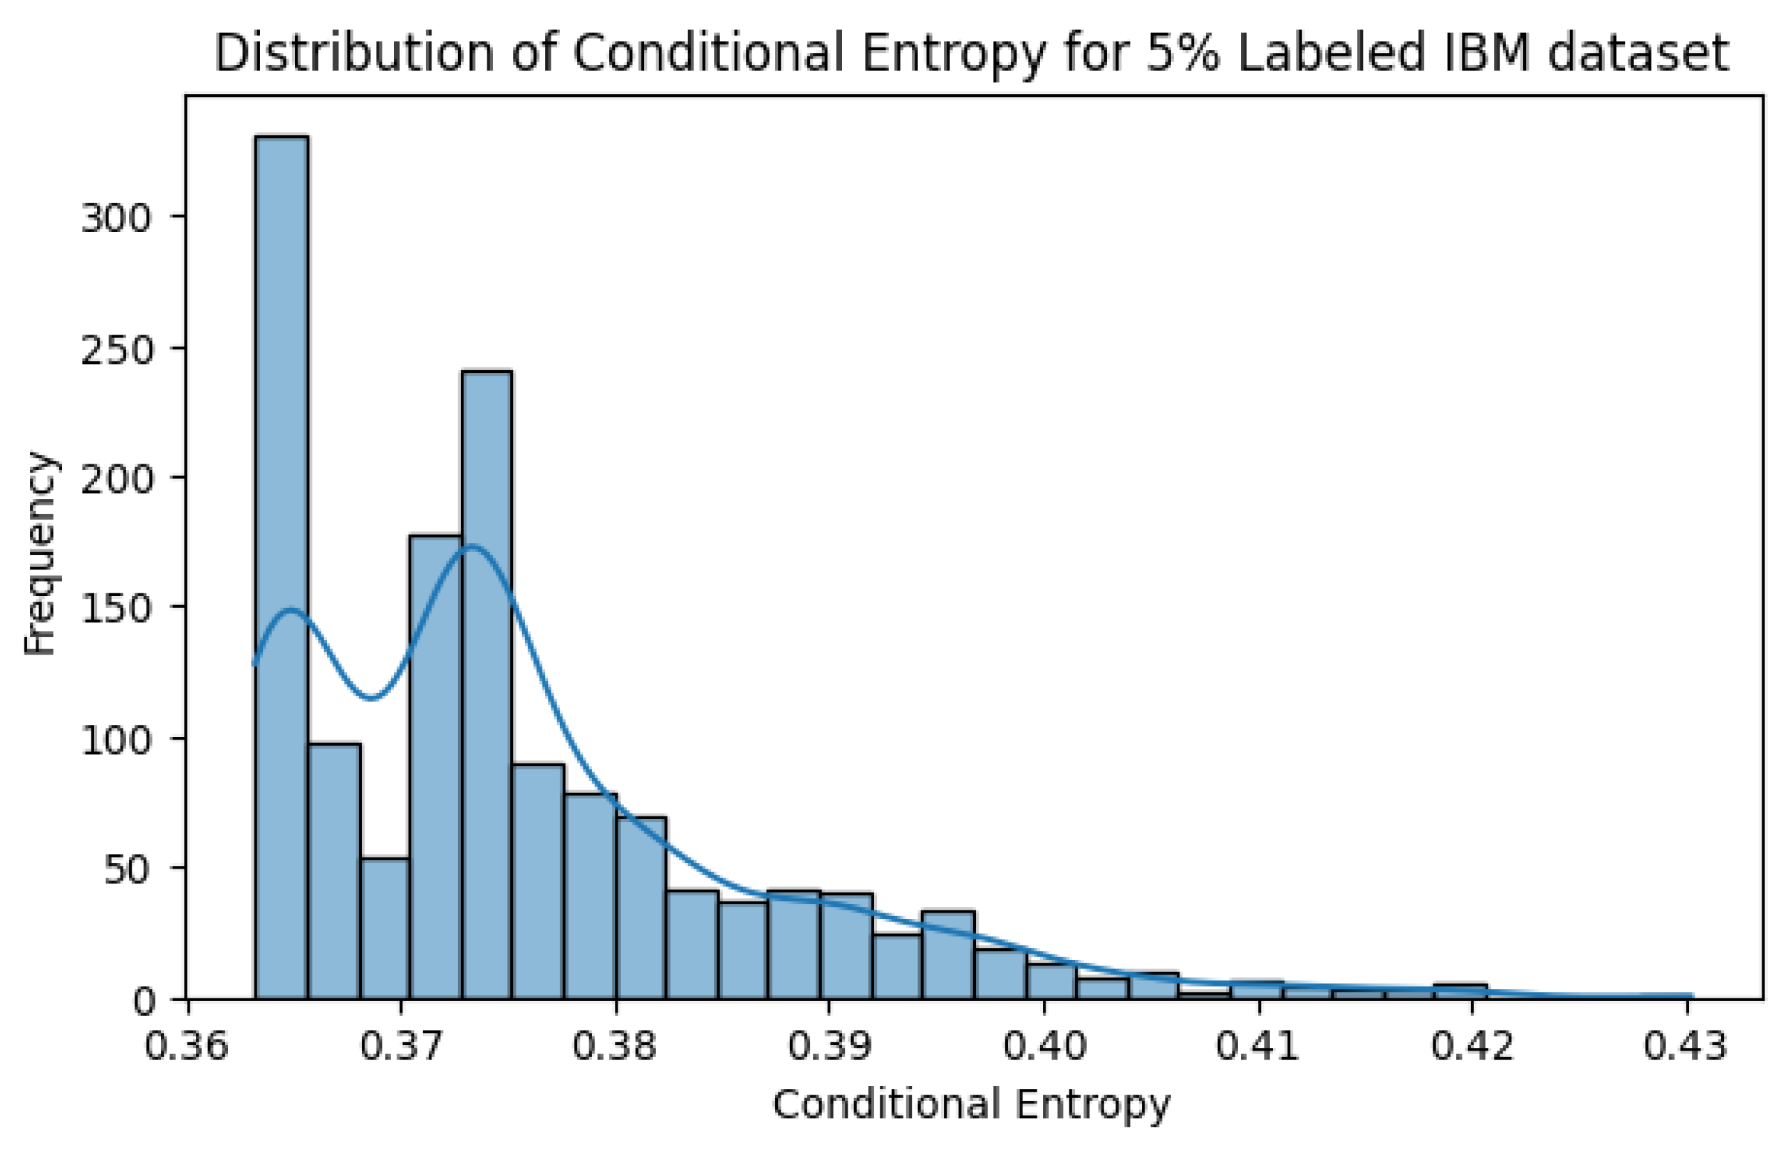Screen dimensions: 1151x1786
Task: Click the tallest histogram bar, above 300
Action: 282,568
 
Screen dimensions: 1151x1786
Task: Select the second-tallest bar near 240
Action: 487,684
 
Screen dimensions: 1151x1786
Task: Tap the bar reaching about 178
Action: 435,766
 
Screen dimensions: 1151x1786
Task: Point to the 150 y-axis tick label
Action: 116,610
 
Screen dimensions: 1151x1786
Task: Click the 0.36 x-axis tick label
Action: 186,1046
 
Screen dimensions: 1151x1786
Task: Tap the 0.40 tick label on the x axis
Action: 1044,1046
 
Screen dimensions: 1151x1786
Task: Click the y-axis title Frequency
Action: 39,553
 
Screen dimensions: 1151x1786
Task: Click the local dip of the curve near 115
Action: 372,698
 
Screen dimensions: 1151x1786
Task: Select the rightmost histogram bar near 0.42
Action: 1460,992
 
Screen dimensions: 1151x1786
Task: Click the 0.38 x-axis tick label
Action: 615,1046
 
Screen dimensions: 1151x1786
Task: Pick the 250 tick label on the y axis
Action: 116,350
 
